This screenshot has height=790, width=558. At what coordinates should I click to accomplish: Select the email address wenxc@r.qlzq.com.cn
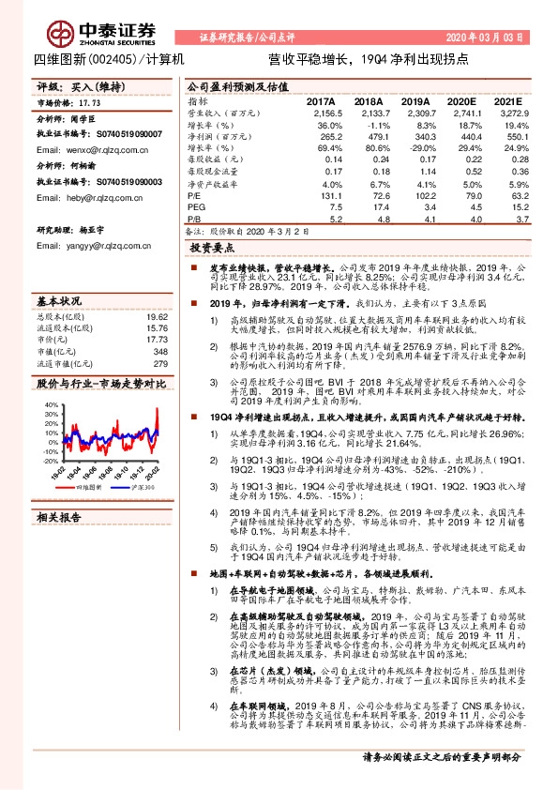[94, 150]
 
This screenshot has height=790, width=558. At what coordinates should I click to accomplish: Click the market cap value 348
[159, 352]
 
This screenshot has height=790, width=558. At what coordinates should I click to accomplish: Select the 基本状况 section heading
[58, 302]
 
